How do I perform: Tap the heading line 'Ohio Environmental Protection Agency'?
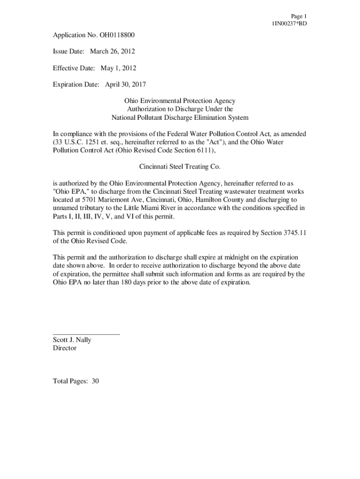180,101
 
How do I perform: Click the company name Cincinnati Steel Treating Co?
180,166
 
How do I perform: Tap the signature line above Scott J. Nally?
86,334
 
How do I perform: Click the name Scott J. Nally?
72,340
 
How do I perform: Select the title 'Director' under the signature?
65,348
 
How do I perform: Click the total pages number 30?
95,381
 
